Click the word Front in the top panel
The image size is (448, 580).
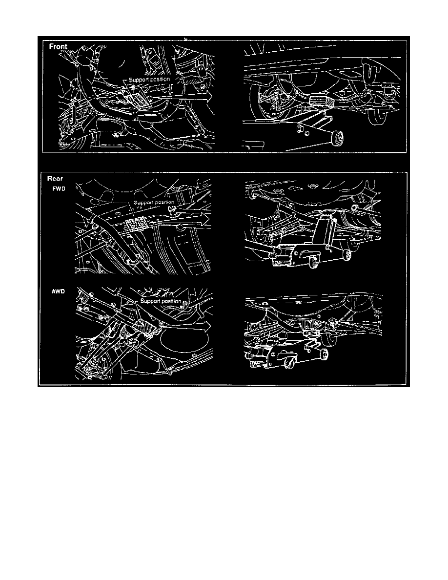[x=59, y=46]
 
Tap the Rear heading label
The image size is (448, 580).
[x=55, y=178]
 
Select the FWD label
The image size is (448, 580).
[x=59, y=188]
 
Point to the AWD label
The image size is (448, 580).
[x=58, y=291]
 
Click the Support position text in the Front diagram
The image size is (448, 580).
[x=149, y=79]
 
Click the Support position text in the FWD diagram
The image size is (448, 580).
[x=154, y=202]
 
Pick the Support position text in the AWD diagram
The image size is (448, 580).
[x=161, y=301]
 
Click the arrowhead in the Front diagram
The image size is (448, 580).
[x=208, y=95]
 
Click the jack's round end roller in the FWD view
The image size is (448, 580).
[x=347, y=253]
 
